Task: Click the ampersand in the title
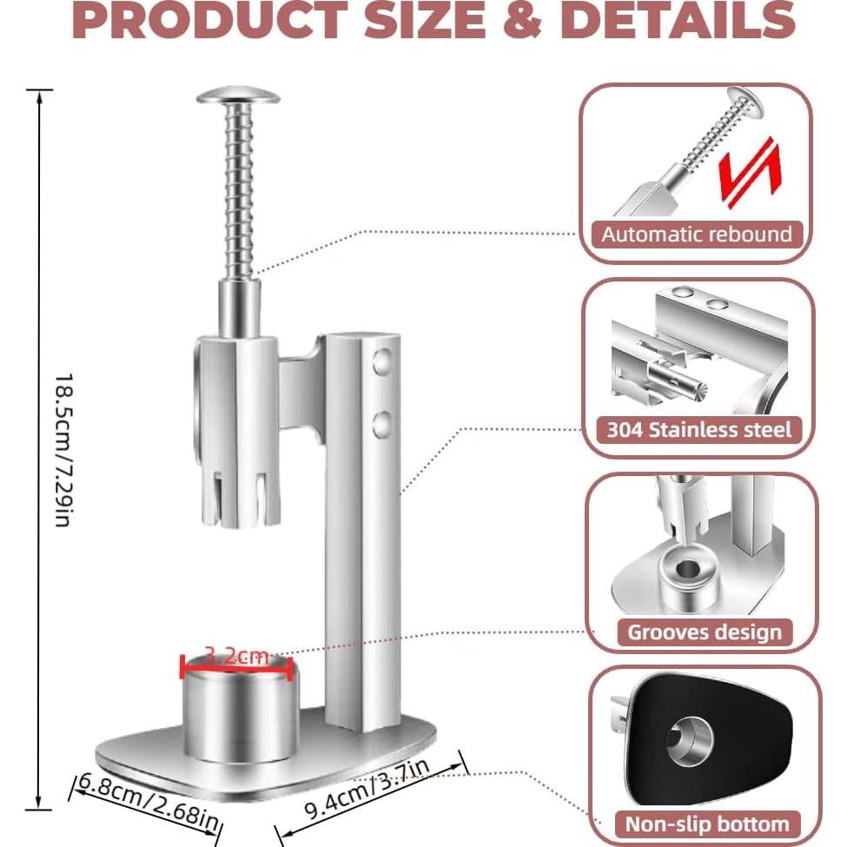tap(522, 21)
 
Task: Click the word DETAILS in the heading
tap(678, 21)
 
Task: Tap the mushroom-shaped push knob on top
tap(238, 96)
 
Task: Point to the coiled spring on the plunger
tap(239, 190)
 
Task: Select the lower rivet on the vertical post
tap(382, 425)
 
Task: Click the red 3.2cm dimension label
tap(236, 657)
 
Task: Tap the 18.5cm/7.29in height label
tap(63, 449)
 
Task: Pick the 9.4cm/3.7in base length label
tap(367, 789)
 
